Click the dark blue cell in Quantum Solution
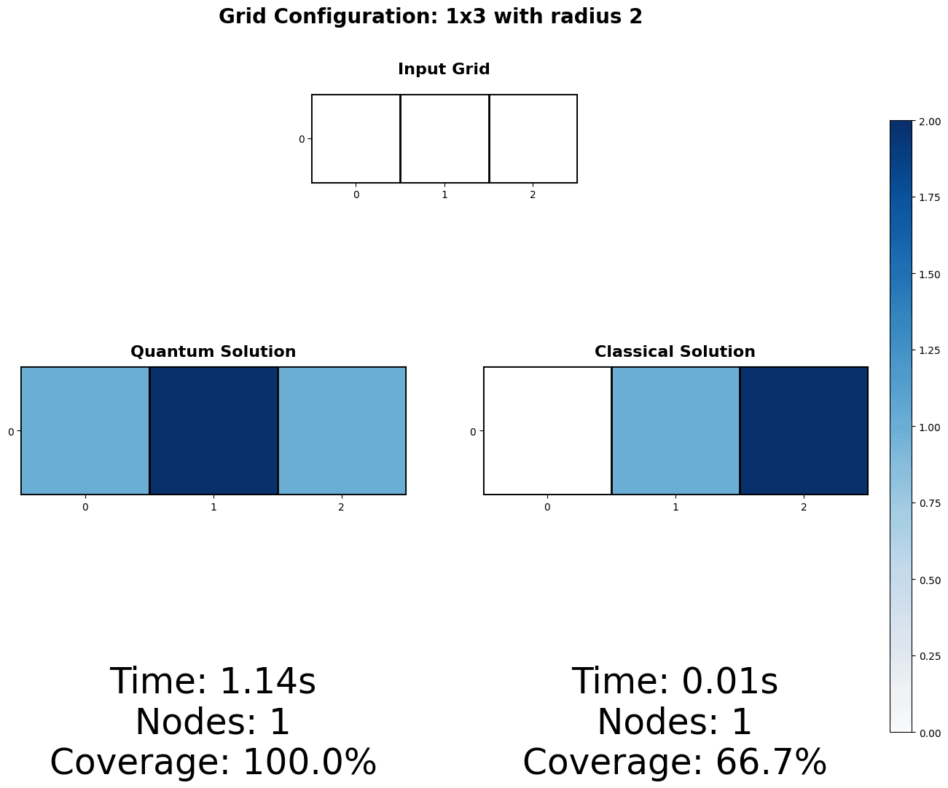coord(214,430)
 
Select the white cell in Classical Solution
coord(547,430)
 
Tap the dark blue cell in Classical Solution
coord(804,430)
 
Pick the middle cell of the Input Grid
coord(444,138)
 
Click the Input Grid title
coord(444,69)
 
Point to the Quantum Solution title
coord(213,352)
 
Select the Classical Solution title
coord(675,352)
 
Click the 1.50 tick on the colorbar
coord(929,275)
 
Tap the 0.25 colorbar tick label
coord(929,656)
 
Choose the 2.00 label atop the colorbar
coord(929,122)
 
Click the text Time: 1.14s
coord(213,682)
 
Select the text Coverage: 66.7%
coord(675,763)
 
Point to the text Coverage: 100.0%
coord(213,763)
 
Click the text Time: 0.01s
coord(675,682)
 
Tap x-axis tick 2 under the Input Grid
coord(533,195)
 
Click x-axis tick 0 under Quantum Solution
coord(85,507)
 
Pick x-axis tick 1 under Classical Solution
coord(675,507)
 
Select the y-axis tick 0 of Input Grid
coord(302,139)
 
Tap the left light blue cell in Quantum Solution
coord(85,430)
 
